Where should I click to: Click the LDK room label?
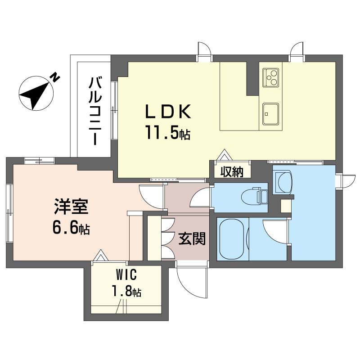pyautogui.click(x=168, y=111)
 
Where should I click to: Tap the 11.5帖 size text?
pyautogui.click(x=167, y=133)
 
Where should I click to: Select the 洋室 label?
pyautogui.click(x=71, y=207)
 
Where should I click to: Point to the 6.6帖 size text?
pyautogui.click(x=71, y=228)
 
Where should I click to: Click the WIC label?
pyautogui.click(x=126, y=274)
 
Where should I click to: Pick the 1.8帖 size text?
pyautogui.click(x=126, y=291)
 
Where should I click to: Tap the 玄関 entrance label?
pyautogui.click(x=192, y=238)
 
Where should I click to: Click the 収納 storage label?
pyautogui.click(x=232, y=171)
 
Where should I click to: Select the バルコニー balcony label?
pyautogui.click(x=95, y=111)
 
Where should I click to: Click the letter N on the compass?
pyautogui.click(x=55, y=77)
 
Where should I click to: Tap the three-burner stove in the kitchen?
pyautogui.click(x=271, y=77)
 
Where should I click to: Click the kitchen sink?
pyautogui.click(x=271, y=114)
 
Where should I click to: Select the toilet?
pyautogui.click(x=255, y=197)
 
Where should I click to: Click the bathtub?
pyautogui.click(x=233, y=239)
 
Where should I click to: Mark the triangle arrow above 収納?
pyautogui.click(x=224, y=155)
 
